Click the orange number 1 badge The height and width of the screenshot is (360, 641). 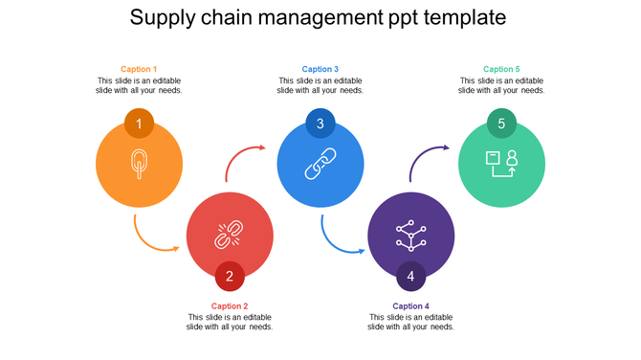[139, 124]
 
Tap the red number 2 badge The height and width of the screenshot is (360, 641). [230, 277]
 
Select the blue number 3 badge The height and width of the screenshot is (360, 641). [320, 124]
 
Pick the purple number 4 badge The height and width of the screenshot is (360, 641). [410, 277]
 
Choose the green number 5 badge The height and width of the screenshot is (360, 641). [501, 124]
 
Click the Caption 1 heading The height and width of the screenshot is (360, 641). [140, 69]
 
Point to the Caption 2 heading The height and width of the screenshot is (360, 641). [230, 306]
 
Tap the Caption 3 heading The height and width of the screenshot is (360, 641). [320, 69]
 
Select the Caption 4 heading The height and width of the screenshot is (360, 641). [410, 306]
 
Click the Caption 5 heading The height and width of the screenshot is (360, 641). [501, 69]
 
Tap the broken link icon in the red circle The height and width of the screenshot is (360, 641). [230, 234]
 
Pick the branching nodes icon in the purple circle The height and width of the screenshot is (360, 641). [410, 234]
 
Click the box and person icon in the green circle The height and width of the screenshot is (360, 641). [501, 163]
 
